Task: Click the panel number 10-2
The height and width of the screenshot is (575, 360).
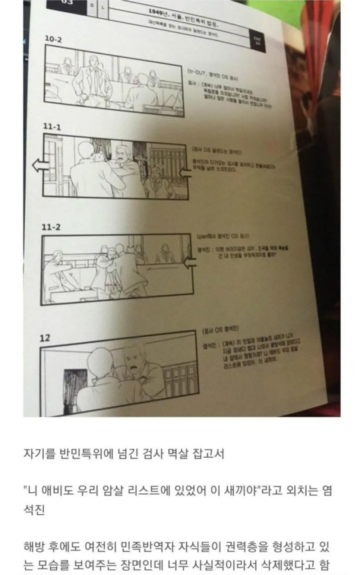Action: tap(53, 39)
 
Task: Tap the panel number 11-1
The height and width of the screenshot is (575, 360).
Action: tap(52, 127)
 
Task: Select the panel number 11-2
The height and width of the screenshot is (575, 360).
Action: tap(51, 227)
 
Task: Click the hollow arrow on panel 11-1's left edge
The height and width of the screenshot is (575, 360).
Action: tap(40, 165)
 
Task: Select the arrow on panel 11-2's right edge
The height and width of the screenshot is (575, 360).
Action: tap(190, 264)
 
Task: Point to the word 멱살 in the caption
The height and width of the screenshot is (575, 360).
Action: tap(175, 454)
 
